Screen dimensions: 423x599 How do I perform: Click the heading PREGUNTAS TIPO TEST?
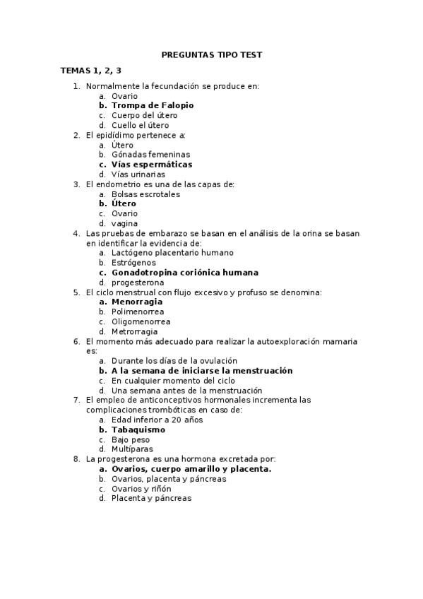tap(211, 54)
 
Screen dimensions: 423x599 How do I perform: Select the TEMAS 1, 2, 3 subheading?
tap(91, 71)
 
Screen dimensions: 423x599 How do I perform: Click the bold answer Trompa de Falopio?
tap(153, 105)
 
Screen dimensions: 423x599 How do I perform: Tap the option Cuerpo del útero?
tap(144, 115)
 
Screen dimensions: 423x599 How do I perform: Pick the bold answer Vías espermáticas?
tap(151, 165)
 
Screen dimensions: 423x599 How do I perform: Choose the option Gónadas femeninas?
tap(150, 155)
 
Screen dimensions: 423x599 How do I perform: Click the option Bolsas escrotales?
tap(145, 194)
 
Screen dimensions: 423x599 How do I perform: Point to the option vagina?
tap(124, 223)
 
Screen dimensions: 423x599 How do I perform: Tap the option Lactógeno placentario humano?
tap(172, 253)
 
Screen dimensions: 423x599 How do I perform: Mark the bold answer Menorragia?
tap(141, 302)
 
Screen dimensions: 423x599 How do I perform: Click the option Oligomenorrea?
tap(141, 322)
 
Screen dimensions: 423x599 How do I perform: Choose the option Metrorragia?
tap(134, 332)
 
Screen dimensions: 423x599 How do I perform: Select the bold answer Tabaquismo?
tap(138, 429)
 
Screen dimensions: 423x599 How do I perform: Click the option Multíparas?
tap(132, 449)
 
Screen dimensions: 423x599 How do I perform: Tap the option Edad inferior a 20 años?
tap(157, 420)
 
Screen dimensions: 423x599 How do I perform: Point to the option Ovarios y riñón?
tap(141, 489)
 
